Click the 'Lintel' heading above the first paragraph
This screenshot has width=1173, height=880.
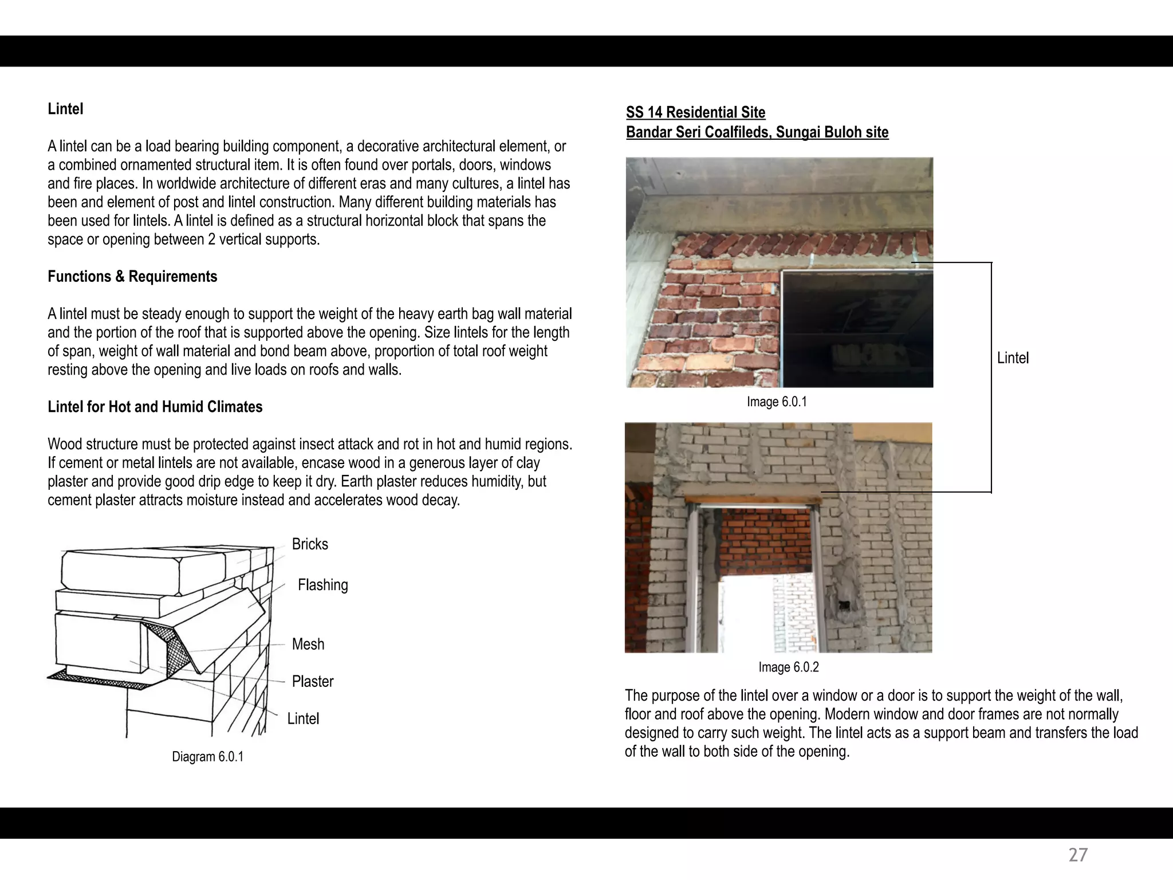(x=65, y=109)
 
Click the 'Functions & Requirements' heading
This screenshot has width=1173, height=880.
(x=132, y=277)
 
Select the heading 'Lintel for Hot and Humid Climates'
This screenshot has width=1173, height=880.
(x=155, y=407)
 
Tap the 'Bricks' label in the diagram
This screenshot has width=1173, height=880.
(x=310, y=544)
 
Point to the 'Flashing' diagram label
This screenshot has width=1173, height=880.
(x=322, y=585)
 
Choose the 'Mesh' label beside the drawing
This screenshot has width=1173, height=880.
(x=308, y=644)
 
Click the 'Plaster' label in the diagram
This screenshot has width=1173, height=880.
(x=312, y=681)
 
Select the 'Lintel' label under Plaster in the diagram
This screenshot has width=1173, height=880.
(x=303, y=718)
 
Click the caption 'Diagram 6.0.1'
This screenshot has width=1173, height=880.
(x=207, y=757)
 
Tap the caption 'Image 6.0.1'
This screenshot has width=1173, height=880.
(x=777, y=402)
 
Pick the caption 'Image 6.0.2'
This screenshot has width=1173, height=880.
(x=788, y=667)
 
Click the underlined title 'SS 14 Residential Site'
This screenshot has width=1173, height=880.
(x=695, y=112)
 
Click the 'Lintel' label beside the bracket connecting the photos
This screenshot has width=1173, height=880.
(x=1013, y=358)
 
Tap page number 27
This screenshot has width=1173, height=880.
(x=1078, y=855)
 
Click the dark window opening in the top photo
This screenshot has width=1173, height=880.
(x=856, y=327)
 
